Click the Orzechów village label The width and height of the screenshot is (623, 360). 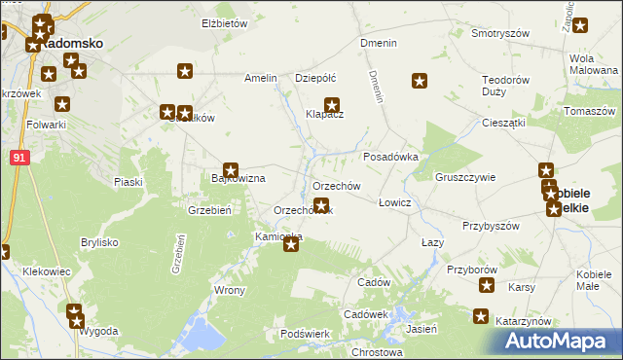click(x=337, y=186)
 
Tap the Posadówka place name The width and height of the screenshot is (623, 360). click(x=390, y=156)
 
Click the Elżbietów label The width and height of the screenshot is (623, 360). click(x=225, y=22)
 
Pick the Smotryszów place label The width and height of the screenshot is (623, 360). click(x=499, y=33)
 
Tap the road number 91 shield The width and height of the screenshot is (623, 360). click(x=20, y=157)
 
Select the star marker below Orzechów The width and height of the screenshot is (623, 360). click(x=320, y=204)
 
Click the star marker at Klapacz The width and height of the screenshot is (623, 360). click(x=332, y=105)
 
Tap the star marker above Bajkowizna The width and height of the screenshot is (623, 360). click(x=231, y=169)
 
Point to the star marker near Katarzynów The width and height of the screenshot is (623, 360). click(x=481, y=315)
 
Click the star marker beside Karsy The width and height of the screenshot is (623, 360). click(x=488, y=285)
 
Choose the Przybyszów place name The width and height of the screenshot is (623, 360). click(x=491, y=225)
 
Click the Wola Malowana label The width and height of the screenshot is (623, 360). click(x=588, y=63)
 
